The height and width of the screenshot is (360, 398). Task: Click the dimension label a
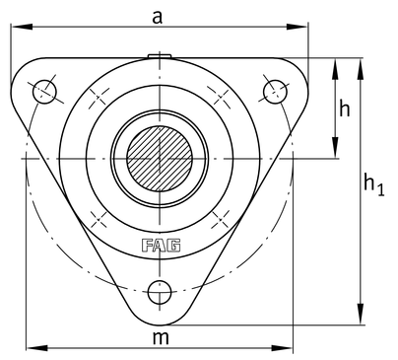click(x=158, y=17)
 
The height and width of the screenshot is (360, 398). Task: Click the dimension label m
click(x=161, y=337)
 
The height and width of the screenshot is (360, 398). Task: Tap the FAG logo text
click(x=161, y=246)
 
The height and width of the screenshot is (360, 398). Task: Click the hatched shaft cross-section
click(x=160, y=159)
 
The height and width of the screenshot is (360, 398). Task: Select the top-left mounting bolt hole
click(x=44, y=91)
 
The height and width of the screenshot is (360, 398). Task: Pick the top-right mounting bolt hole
click(x=275, y=91)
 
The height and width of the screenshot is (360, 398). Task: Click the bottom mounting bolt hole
click(x=160, y=292)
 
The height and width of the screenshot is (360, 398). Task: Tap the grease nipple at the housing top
click(x=160, y=56)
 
